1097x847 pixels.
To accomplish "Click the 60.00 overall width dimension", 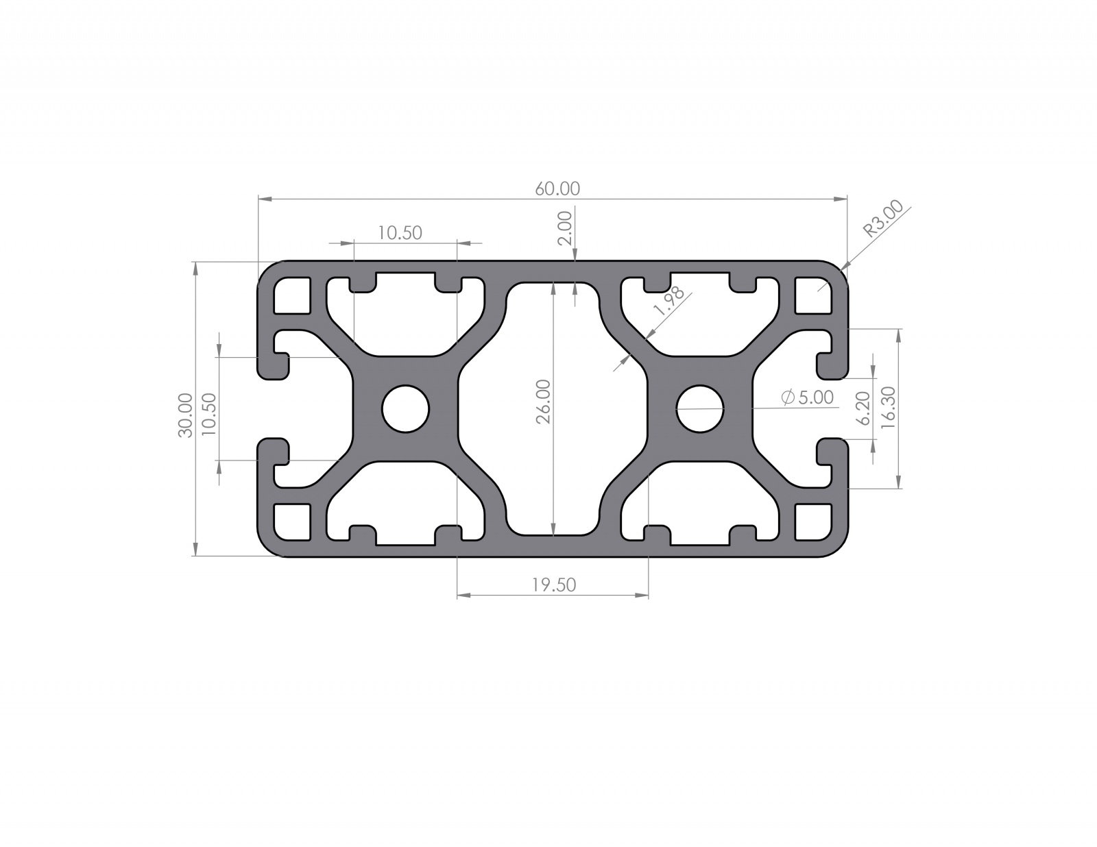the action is [x=557, y=188].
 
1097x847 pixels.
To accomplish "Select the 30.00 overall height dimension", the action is [x=185, y=415].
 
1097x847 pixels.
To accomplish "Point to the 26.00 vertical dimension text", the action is [x=543, y=409].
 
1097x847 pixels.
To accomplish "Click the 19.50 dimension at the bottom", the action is [x=554, y=585].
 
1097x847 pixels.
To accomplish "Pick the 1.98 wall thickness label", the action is [x=668, y=301].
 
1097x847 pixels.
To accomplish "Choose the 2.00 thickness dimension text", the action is [x=565, y=228].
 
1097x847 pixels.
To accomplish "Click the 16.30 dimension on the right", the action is [x=887, y=408].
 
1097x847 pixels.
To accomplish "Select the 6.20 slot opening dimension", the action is [x=864, y=408].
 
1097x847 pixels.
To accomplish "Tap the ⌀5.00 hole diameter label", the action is [x=807, y=397].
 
